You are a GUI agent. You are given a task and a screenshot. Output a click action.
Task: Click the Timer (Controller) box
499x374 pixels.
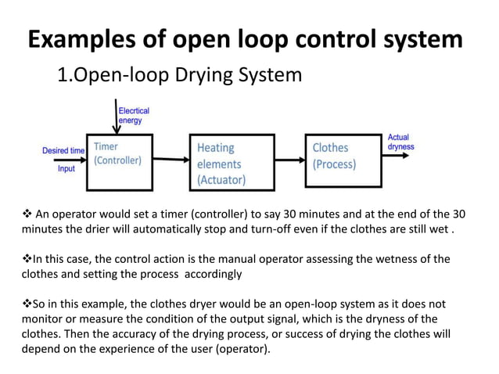point(119,162)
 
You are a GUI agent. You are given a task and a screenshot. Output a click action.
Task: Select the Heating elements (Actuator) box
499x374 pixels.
point(232,162)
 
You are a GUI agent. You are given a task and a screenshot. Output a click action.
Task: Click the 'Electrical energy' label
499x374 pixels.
point(135,116)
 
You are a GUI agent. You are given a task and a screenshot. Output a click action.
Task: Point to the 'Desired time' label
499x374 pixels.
point(63,149)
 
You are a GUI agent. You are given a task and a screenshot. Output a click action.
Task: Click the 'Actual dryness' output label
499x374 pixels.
point(400,142)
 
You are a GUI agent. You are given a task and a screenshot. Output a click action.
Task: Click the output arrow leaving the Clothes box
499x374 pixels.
point(397,155)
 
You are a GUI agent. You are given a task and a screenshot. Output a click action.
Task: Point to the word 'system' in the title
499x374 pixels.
point(418,40)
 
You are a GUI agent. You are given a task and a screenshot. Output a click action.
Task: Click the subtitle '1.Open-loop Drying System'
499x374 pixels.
point(179,76)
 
